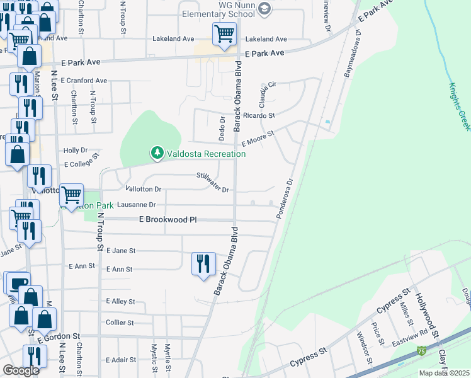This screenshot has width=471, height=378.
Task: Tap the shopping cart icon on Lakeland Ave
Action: click(224, 34)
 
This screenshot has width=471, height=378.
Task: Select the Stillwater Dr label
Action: click(212, 183)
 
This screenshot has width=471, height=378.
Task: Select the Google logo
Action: click(21, 370)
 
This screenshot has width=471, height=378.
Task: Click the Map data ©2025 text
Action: click(444, 373)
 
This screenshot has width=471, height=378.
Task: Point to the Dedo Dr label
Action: click(222, 129)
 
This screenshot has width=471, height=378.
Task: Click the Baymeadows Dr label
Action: click(351, 58)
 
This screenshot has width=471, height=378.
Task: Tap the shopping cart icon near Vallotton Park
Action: click(72, 195)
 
